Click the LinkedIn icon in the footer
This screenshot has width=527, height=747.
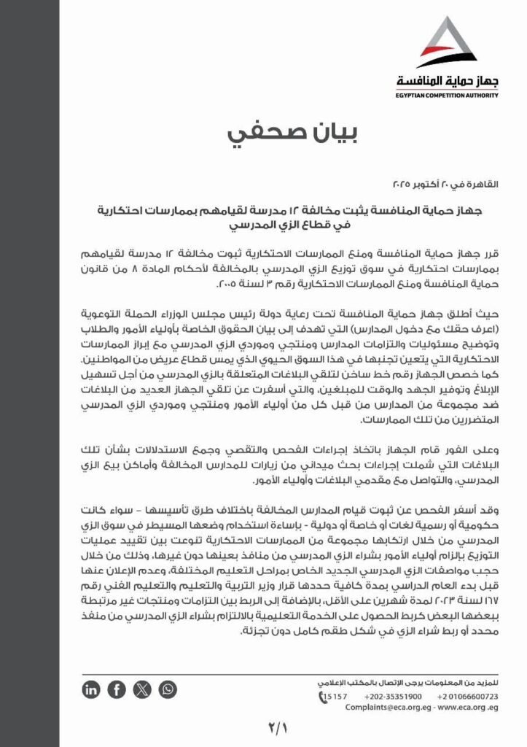92,689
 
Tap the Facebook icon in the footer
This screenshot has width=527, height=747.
117,689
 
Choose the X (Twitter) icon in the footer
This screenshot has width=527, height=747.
142,689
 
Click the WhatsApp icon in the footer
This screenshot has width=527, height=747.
168,689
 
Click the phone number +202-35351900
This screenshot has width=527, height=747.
397,697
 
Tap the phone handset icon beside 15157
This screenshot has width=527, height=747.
323,697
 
